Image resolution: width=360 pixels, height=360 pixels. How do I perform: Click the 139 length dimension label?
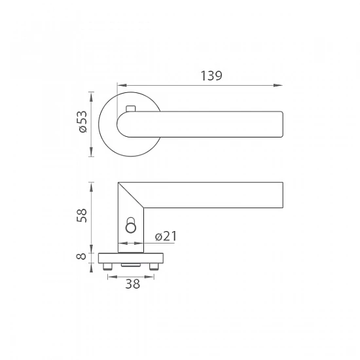pyautogui.click(x=211, y=76)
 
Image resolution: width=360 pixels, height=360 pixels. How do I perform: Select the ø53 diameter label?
pyautogui.click(x=82, y=122)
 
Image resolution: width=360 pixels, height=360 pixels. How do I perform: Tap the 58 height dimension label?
pyautogui.click(x=82, y=215)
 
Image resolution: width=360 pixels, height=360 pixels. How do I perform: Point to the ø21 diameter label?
pyautogui.click(x=166, y=236)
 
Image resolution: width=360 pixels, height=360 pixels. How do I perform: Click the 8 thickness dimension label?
pyautogui.click(x=81, y=256)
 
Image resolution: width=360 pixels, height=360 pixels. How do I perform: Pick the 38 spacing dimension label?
pyautogui.click(x=132, y=284)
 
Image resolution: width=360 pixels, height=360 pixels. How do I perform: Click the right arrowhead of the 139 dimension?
pyautogui.click(x=278, y=85)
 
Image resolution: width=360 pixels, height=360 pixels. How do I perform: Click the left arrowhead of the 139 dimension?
pyautogui.click(x=122, y=85)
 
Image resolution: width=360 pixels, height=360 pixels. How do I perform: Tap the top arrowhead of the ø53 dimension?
pyautogui.click(x=92, y=97)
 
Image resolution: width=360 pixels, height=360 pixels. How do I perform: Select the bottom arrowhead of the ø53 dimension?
pyautogui.click(x=92, y=152)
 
